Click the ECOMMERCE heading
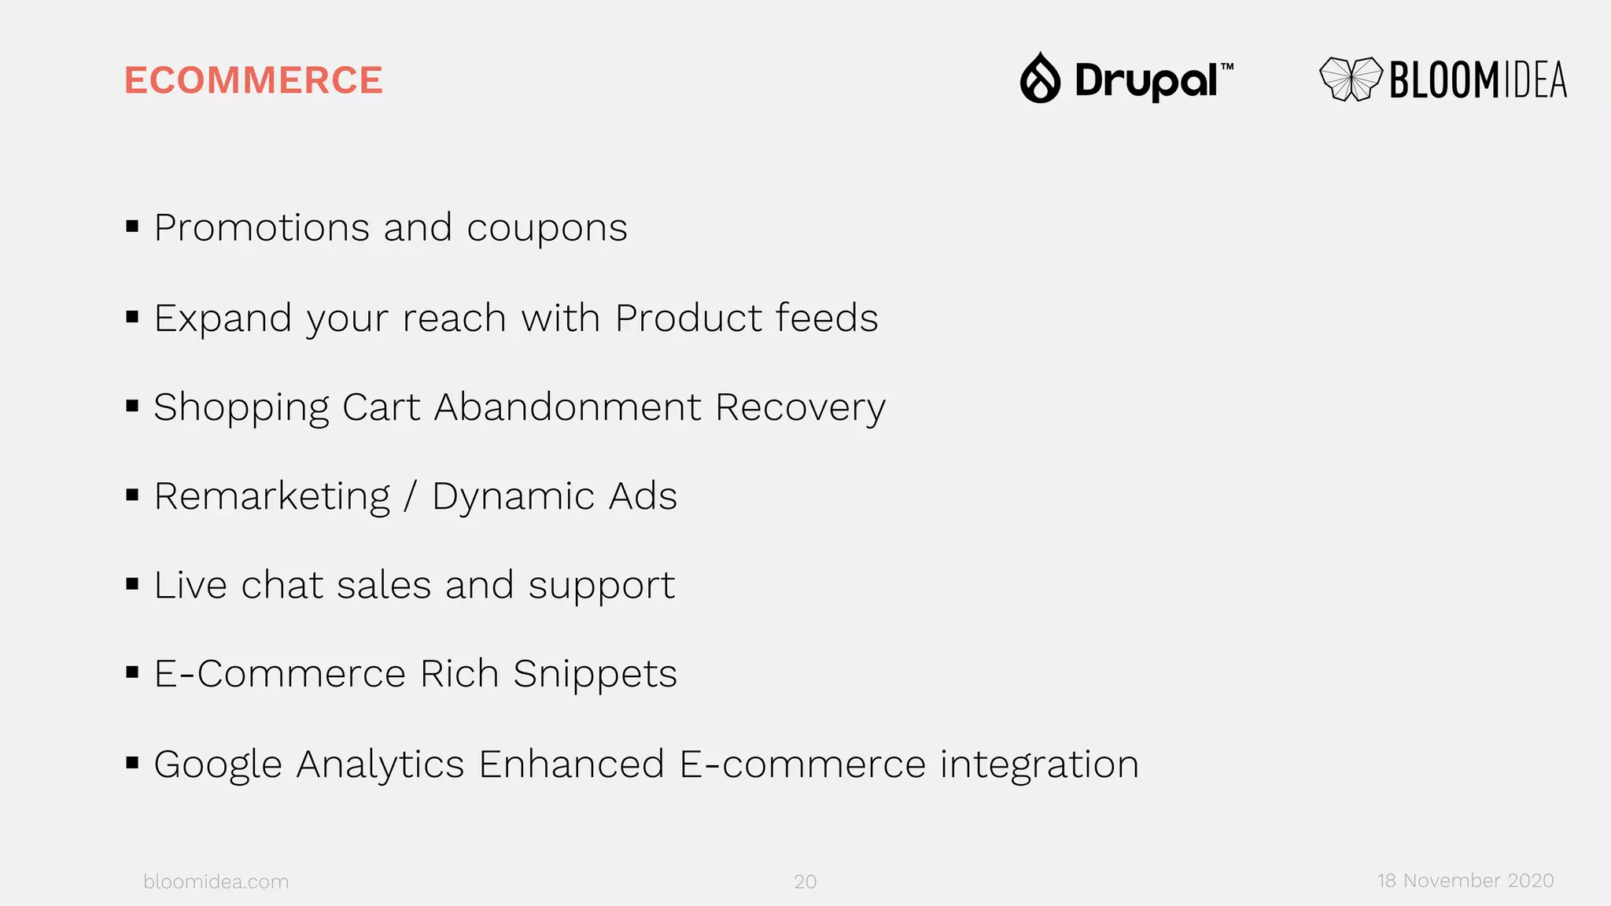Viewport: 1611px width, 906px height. tap(253, 80)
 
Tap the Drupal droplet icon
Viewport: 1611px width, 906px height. tap(1040, 79)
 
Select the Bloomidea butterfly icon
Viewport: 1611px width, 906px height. tap(1351, 79)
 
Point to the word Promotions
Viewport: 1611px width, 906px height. tap(262, 228)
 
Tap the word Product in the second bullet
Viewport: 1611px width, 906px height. tap(688, 319)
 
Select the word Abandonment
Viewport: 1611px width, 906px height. tap(567, 407)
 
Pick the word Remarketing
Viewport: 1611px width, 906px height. tap(272, 497)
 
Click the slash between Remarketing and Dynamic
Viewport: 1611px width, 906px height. tap(411, 497)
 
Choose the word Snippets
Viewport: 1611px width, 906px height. tap(595, 675)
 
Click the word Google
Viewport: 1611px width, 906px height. tap(218, 764)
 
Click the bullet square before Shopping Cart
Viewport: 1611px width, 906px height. tap(132, 407)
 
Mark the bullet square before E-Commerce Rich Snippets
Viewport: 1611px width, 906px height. tap(132, 672)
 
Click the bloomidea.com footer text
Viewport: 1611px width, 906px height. tap(216, 882)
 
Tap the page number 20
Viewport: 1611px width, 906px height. tap(805, 882)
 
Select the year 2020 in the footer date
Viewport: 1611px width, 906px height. tap(1530, 881)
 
